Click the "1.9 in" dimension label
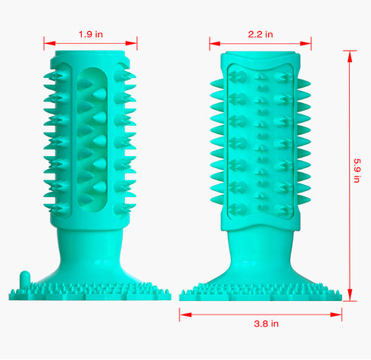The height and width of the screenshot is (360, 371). coord(90,33)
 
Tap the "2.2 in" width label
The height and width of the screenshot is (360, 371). coord(261,33)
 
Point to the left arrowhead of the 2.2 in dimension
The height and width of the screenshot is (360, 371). coord(220,44)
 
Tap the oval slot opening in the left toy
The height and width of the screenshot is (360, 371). coord(91,136)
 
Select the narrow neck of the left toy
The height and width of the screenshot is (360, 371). coord(90,243)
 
